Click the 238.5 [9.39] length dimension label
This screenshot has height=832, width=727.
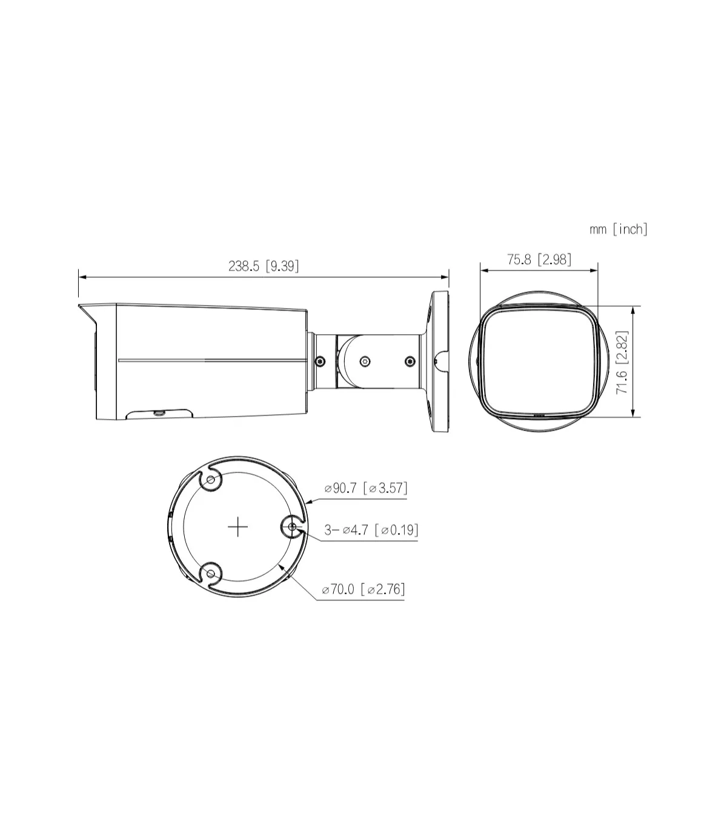coord(264,266)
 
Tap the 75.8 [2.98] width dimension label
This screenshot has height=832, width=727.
coord(539,260)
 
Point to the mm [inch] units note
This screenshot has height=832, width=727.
coord(619,229)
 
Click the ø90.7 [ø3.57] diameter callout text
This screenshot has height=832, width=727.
coord(365,488)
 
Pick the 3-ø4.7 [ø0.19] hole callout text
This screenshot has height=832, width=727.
coord(371,530)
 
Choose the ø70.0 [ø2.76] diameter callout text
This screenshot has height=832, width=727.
coord(363,589)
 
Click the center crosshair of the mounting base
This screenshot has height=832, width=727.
coord(238,527)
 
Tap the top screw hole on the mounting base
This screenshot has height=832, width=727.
coord(210,480)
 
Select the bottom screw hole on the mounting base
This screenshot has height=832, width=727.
coord(210,574)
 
